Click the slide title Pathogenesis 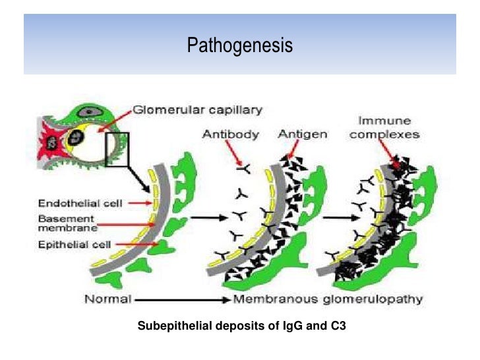tap(239, 46)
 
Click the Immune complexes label tap(384, 128)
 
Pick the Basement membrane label tap(66, 223)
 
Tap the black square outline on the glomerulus tap(118, 148)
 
